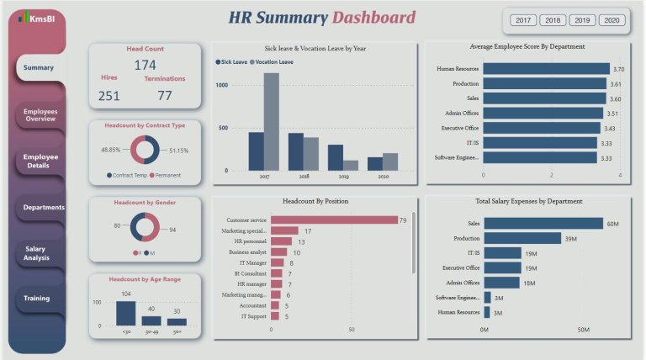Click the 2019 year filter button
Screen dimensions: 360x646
582,20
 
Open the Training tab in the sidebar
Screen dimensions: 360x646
36,298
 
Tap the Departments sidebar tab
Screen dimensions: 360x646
44,207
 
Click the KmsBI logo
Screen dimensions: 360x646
37,18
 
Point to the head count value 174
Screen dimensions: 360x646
145,66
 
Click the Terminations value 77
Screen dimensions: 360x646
164,95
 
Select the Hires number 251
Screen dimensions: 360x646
109,95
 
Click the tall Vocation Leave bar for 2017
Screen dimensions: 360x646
271,121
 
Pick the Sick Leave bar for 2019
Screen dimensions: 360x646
336,157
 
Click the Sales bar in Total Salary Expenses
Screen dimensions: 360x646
543,223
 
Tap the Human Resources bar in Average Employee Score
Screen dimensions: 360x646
546,69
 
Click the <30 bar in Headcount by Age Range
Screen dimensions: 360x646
125,313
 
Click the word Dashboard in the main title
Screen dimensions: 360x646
373,18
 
